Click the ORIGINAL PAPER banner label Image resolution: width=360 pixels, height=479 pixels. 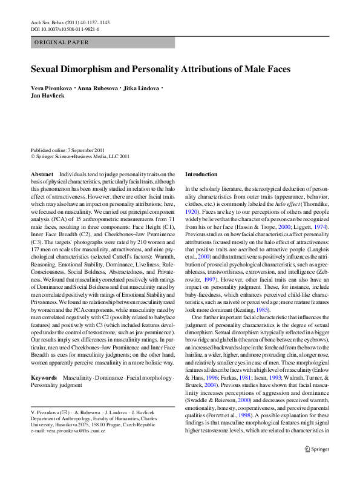[62, 42]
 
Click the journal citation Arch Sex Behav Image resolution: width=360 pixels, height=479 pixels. [48, 22]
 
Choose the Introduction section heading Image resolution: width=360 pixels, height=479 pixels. [200, 174]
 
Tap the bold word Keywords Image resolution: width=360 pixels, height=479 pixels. [44, 377]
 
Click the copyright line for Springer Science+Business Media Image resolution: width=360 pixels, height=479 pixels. [80, 156]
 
